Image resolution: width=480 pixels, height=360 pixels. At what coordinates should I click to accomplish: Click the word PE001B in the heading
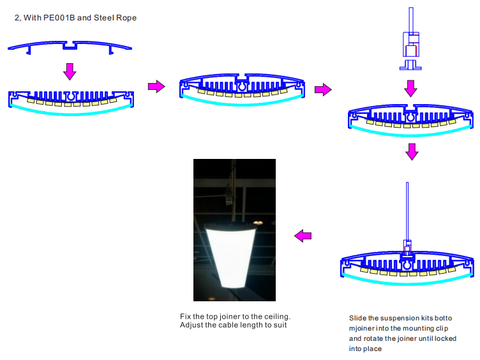tap(59, 18)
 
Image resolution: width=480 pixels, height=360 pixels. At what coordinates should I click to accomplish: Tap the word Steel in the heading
tap(103, 18)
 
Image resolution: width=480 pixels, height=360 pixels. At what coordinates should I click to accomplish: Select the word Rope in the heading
tap(126, 18)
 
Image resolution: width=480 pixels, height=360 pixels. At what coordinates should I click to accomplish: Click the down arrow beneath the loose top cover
tap(70, 71)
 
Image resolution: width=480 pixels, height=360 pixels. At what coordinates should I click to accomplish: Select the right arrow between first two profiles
tap(156, 86)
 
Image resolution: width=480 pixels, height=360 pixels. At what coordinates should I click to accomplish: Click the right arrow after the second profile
tap(323, 89)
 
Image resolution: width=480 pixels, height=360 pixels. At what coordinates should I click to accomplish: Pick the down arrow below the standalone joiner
tap(411, 88)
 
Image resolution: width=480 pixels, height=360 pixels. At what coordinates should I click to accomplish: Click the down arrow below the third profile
tap(412, 152)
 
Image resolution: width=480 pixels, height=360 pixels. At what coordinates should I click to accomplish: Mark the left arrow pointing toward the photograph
tap(303, 236)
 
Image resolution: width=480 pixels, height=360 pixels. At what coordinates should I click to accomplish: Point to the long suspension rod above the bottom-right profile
tap(407, 211)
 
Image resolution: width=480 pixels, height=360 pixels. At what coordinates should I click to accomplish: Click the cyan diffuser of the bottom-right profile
tap(407, 282)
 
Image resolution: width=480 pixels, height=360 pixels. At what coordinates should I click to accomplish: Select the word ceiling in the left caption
tap(277, 316)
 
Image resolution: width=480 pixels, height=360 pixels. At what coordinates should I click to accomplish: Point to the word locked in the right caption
tap(445, 339)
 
